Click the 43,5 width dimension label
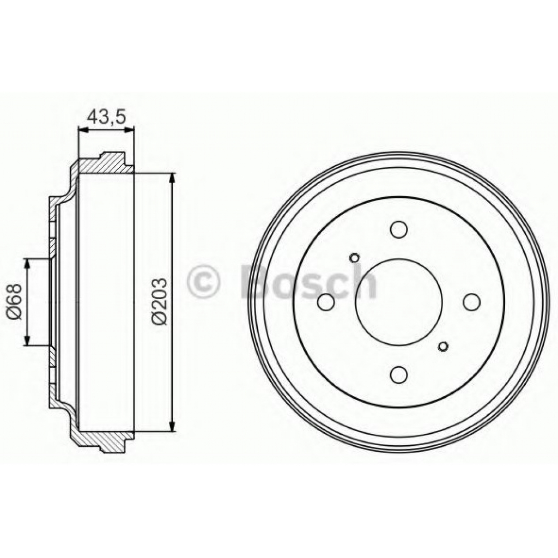coord(107,116)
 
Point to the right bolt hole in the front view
coord(471,301)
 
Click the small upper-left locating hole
coord(354,257)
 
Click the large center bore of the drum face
coord(399,302)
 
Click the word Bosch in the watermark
coord(308,282)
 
